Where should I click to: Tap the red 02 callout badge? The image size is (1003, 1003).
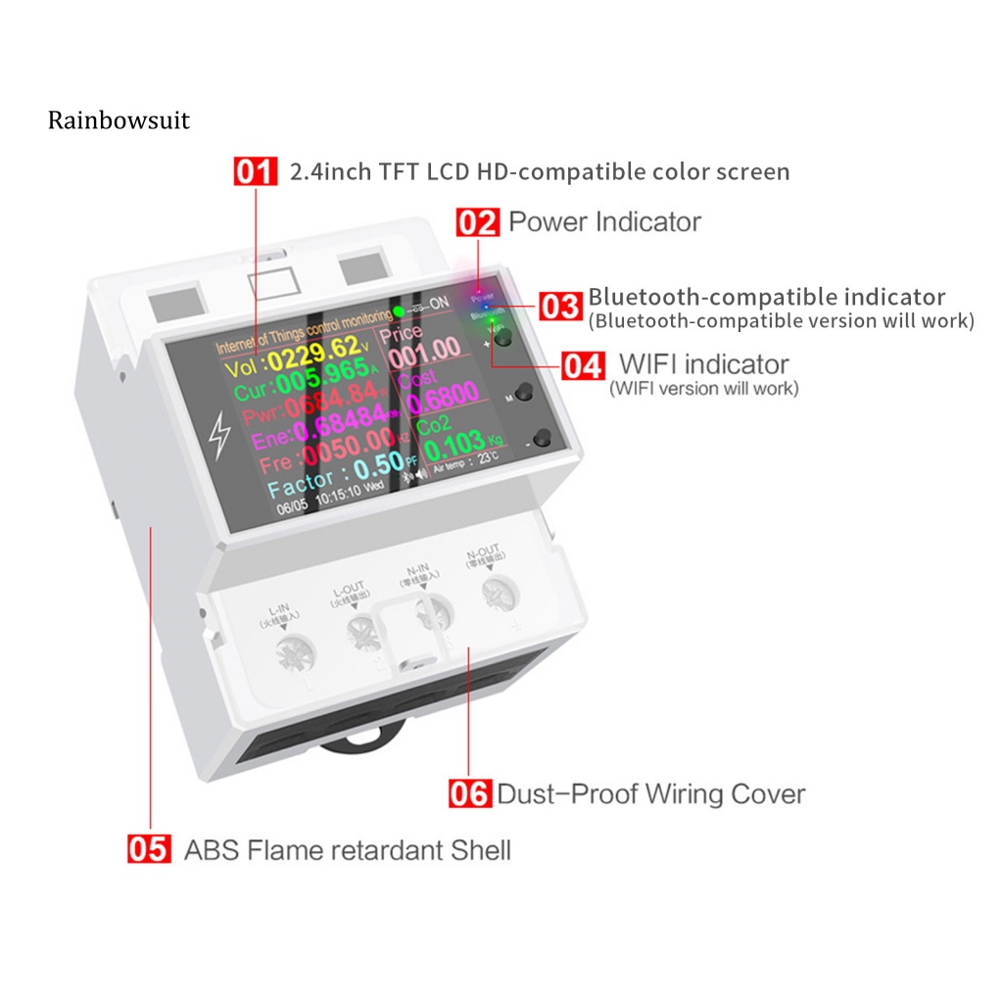tap(478, 222)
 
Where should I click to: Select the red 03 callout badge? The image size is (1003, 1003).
tap(561, 306)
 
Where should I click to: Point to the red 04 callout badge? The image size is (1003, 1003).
tap(584, 366)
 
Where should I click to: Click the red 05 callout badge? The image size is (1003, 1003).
tap(150, 848)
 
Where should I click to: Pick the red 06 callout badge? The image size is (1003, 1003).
tap(469, 792)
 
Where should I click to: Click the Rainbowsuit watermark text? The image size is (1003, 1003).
tap(119, 120)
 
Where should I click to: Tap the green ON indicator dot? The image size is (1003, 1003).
tap(399, 313)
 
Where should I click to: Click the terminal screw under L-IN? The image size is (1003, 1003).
tap(294, 653)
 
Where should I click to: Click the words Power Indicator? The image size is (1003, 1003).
tap(604, 222)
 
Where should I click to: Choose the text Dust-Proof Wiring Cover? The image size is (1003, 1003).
tap(650, 792)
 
